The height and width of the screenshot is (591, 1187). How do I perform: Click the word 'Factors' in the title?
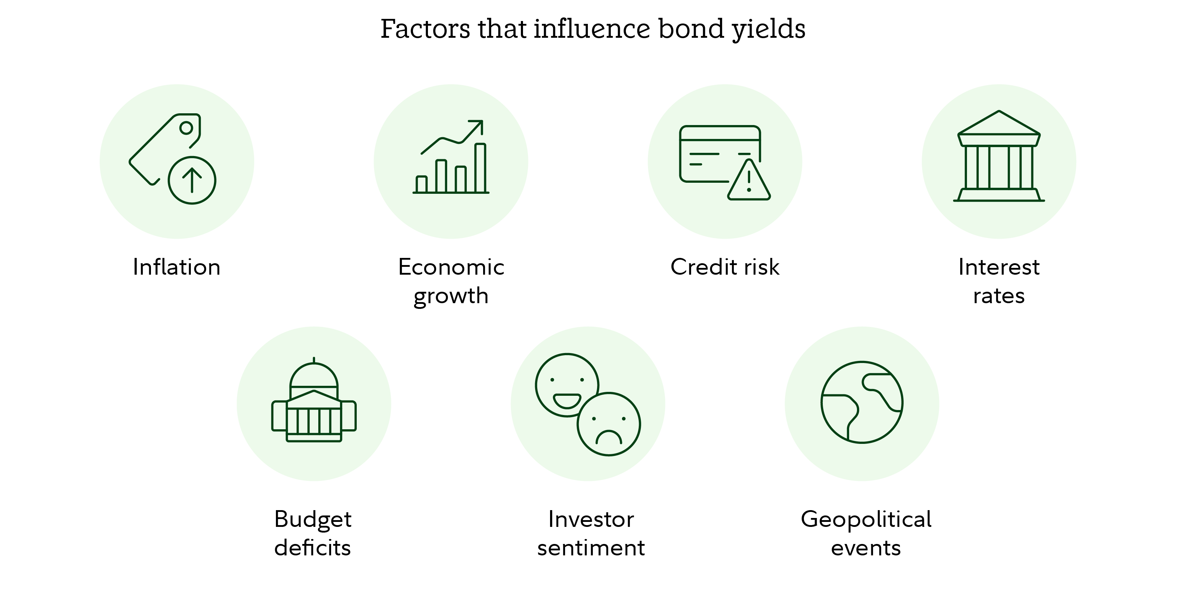tap(425, 29)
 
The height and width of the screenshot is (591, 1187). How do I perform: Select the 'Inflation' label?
tap(177, 267)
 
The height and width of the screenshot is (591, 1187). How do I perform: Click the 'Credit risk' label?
tap(725, 267)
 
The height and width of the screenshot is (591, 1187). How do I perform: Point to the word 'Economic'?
tap(451, 267)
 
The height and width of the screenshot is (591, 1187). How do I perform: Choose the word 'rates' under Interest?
tap(999, 296)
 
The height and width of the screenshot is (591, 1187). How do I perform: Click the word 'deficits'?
tap(313, 548)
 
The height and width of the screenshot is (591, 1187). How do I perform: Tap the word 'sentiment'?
tap(591, 548)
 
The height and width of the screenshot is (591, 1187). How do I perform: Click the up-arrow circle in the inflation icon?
tap(192, 180)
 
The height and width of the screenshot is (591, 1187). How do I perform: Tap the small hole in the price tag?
tap(186, 128)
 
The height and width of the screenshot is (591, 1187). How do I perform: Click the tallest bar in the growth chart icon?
tap(480, 168)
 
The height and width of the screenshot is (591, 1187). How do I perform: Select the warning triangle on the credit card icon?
tap(749, 181)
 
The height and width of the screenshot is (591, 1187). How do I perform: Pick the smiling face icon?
tap(567, 385)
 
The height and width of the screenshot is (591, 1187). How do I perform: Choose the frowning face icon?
tap(609, 424)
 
